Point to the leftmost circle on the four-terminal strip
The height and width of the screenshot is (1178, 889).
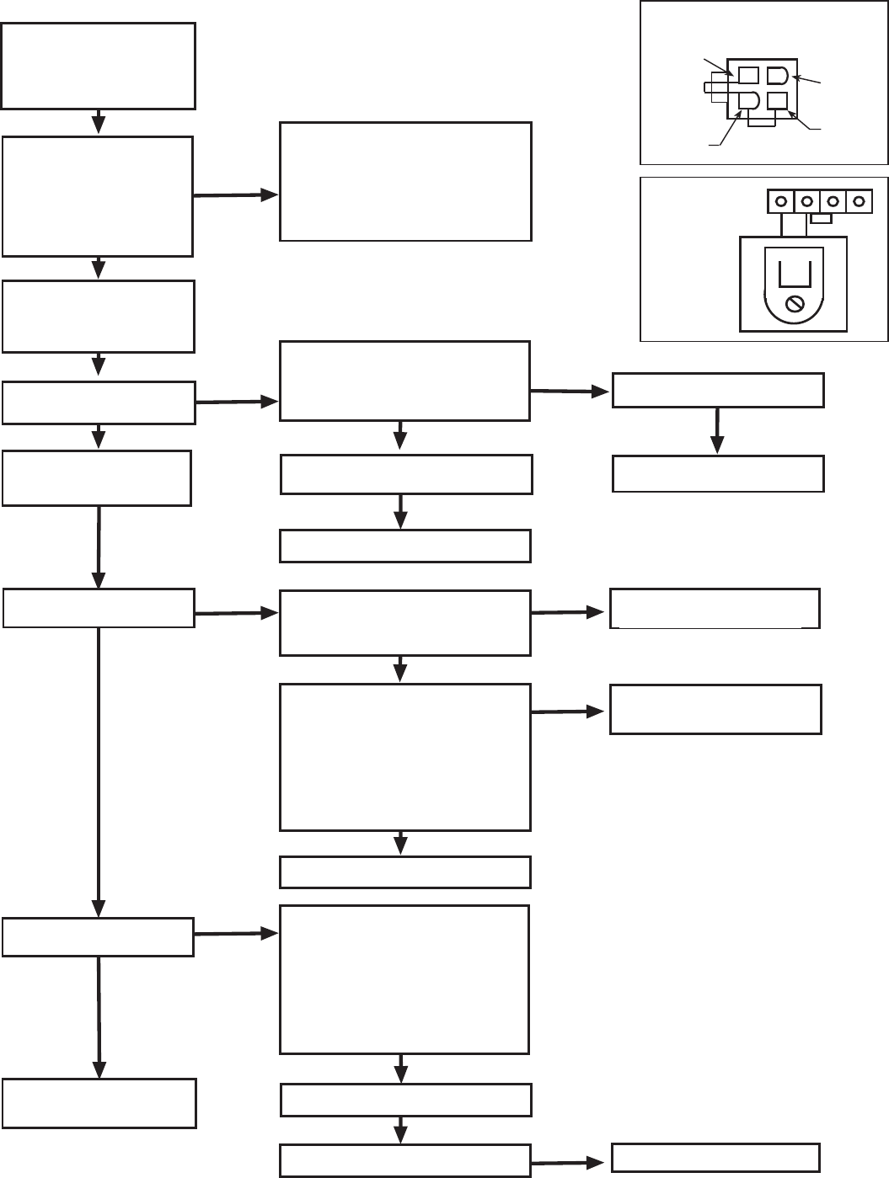click(x=781, y=202)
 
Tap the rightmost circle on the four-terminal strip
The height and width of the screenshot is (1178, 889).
click(x=859, y=202)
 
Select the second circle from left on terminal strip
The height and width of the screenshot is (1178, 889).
click(x=807, y=202)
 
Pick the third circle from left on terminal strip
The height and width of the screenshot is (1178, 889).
click(x=833, y=202)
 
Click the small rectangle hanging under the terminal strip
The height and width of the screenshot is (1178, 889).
click(x=821, y=219)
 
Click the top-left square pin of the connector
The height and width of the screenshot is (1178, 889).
click(x=748, y=76)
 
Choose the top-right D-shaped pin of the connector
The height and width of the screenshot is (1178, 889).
click(x=777, y=76)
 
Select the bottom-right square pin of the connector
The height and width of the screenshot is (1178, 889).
click(x=777, y=101)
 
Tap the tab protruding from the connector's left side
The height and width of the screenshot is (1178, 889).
click(x=718, y=88)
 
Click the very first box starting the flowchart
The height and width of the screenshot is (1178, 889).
click(x=98, y=66)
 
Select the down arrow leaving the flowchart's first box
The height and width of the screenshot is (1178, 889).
click(x=98, y=121)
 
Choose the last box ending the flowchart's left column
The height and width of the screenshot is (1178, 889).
click(x=99, y=1103)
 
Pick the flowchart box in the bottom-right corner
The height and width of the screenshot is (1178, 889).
click(x=715, y=1158)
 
